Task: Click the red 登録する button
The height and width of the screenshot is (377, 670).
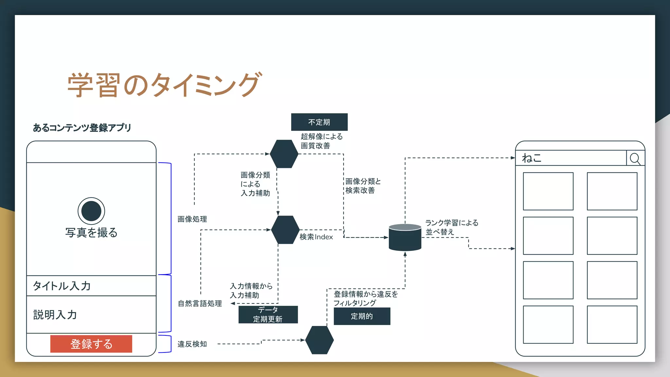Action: pos(91,344)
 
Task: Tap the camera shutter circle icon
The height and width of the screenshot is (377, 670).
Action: pos(91,211)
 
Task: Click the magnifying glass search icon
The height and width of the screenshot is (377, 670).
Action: pos(635,159)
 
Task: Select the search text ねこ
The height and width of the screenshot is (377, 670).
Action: pos(532,158)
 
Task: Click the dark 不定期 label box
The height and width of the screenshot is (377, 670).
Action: pos(319,122)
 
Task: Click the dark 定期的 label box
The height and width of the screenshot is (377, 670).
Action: pos(362,316)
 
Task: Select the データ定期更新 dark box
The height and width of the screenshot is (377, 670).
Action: pos(268,314)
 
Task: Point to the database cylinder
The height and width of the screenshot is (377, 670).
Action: pos(405,238)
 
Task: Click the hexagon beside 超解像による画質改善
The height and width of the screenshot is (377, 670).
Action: pos(284,154)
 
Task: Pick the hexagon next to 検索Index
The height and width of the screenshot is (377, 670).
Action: pos(285,230)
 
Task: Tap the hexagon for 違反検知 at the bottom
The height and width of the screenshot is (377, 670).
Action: pos(319,340)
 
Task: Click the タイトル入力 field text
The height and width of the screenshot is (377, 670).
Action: pos(62,286)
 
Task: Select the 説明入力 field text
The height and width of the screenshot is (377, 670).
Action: pos(55,315)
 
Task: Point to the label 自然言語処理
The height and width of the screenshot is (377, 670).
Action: pos(200,304)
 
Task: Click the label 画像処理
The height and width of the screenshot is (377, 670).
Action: pos(192,219)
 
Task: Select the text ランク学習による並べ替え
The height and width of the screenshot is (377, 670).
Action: pos(451,227)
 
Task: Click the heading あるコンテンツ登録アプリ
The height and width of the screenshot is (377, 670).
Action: pos(82,128)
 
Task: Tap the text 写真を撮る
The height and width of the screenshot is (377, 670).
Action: pos(91,233)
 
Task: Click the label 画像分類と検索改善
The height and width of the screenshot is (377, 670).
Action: pos(363,186)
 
